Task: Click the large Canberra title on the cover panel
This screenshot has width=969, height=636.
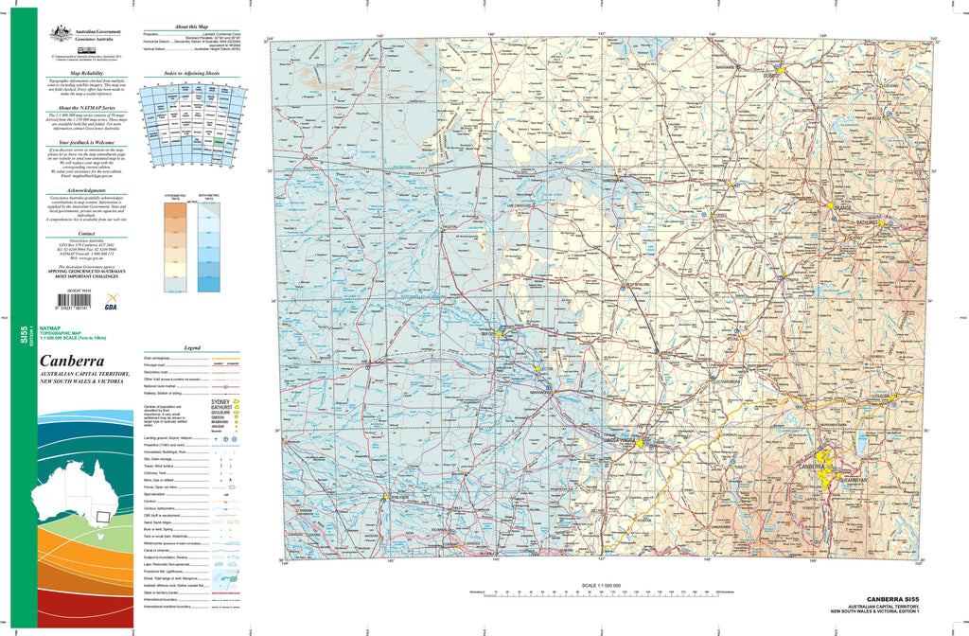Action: (x=72, y=362)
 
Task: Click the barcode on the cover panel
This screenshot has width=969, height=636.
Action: (x=70, y=304)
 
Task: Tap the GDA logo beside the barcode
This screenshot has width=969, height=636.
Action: (x=112, y=304)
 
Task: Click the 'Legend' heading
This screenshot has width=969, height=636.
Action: (x=192, y=348)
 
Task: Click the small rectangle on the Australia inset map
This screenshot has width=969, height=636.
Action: (x=102, y=517)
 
